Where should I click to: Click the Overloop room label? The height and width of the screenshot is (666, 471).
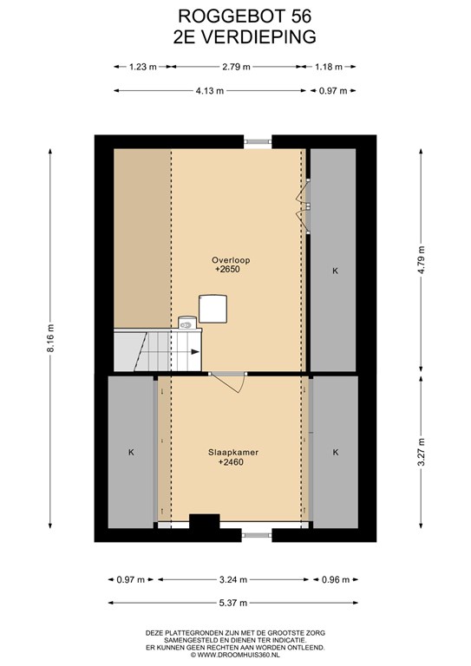click(231, 260)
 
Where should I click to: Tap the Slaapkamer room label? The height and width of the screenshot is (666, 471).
click(233, 453)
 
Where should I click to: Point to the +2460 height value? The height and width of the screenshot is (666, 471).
click(231, 462)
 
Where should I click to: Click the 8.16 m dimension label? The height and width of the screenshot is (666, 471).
click(50, 338)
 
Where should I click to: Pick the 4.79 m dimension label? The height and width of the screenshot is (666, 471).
click(422, 260)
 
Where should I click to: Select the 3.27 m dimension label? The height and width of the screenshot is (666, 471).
click(422, 452)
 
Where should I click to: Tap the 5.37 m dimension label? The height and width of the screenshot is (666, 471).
click(233, 603)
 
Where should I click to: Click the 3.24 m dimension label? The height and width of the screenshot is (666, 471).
click(233, 580)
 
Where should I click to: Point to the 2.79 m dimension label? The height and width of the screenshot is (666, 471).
click(236, 67)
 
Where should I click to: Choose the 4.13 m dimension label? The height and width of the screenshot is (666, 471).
click(210, 91)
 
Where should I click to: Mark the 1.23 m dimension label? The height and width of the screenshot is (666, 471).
click(143, 67)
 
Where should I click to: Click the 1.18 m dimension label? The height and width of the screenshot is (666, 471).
click(328, 67)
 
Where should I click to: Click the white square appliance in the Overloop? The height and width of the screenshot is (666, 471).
click(213, 309)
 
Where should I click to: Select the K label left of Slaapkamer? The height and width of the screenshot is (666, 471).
click(131, 453)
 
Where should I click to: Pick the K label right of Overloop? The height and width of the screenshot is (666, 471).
click(335, 271)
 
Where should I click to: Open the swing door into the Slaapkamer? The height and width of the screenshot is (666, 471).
click(229, 382)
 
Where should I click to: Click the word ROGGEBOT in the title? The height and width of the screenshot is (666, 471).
click(221, 16)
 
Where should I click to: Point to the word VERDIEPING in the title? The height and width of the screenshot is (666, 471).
click(258, 37)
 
